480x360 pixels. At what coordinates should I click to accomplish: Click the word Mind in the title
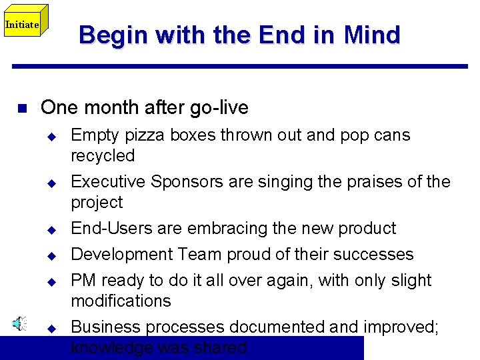tap(372, 35)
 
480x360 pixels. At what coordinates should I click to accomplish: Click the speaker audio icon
tap(20, 324)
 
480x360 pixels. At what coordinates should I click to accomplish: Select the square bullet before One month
tap(21, 108)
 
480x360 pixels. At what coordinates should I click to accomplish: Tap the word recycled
tap(103, 155)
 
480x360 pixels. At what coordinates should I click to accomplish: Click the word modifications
tap(121, 301)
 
